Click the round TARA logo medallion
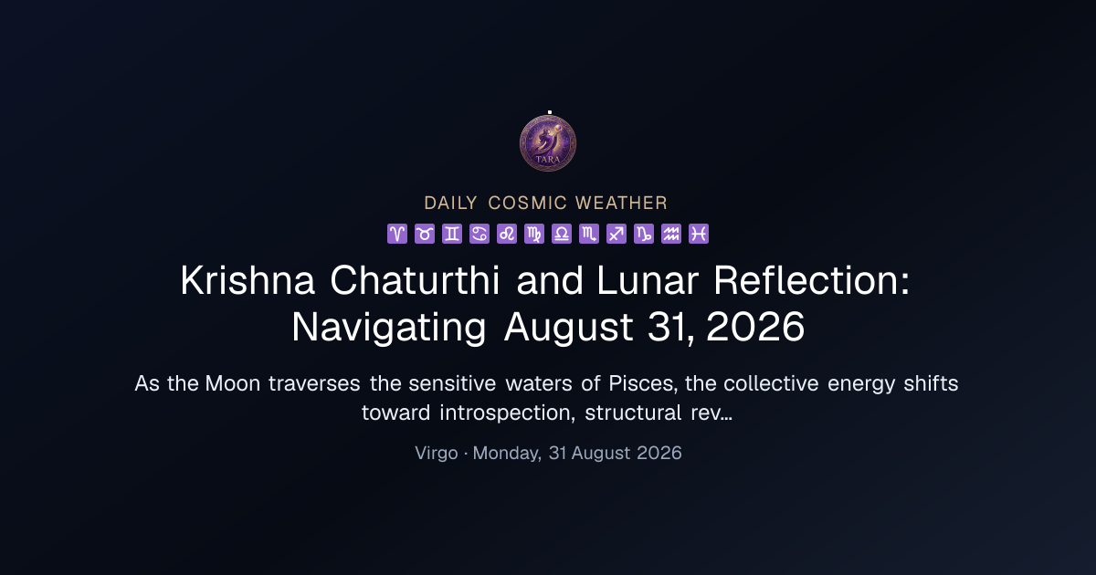(548, 143)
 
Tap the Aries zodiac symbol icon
(397, 234)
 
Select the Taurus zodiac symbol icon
(425, 234)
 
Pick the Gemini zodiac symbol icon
(452, 234)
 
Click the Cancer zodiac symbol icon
(479, 234)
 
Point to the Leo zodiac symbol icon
(507, 234)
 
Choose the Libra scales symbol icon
(562, 234)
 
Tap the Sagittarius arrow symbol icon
(616, 234)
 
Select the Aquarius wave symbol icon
(671, 234)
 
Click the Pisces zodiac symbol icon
(699, 234)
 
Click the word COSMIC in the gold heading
(528, 203)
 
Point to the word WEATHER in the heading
(621, 203)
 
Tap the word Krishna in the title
(248, 281)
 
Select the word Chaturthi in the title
(415, 281)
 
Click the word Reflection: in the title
(812, 281)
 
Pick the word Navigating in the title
(389, 329)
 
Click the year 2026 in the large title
(755, 327)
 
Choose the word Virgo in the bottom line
(437, 454)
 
